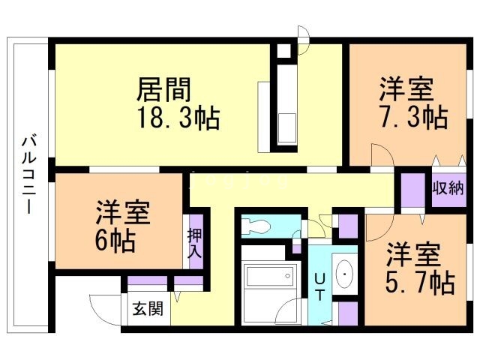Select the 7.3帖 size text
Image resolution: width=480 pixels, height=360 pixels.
412,118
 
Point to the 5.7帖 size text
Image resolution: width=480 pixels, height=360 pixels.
421,283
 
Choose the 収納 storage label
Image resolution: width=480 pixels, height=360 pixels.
448,188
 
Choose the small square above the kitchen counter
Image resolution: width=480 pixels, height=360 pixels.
284,52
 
